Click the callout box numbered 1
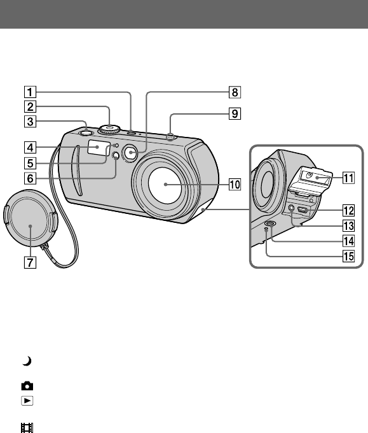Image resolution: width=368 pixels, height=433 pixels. tap(30, 92)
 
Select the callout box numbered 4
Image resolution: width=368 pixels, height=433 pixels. tap(30, 148)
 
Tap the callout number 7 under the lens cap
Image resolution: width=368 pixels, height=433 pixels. tap(30, 262)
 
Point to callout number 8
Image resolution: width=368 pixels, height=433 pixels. tap(235, 92)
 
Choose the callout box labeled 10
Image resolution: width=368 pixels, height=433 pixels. tap(235, 184)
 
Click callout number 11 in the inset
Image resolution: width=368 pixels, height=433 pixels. tap(348, 178)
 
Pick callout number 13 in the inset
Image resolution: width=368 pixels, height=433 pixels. tap(348, 226)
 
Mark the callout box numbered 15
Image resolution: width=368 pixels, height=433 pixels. tap(348, 256)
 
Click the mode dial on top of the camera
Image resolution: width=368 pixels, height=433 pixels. tap(110, 129)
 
